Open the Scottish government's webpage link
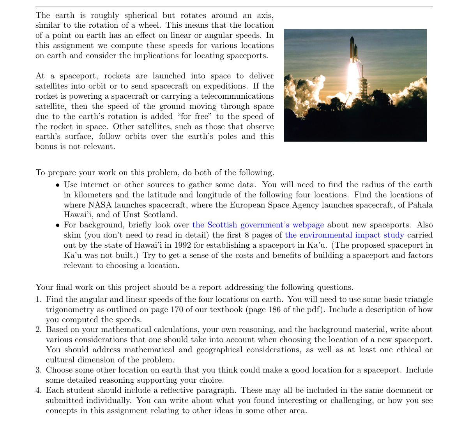tap(258, 225)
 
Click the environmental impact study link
tap(344, 235)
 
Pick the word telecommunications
tap(235, 96)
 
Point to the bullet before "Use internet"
tap(58, 185)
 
